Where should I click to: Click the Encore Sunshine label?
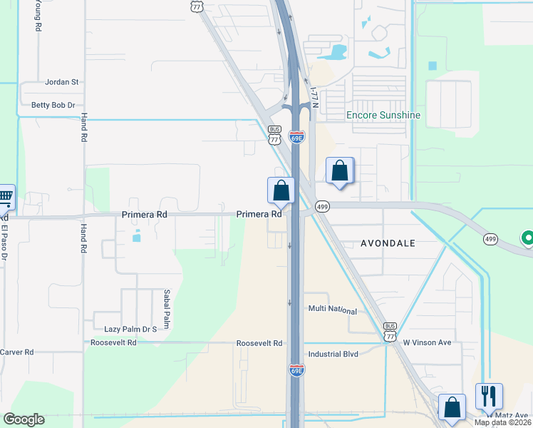383,115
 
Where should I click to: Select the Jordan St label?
61,82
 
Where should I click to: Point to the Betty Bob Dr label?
53,105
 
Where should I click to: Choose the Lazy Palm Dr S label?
130,329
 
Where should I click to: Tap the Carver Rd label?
16,352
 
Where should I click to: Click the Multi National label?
332,310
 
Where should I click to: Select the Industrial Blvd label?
333,354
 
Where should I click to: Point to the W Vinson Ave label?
428,342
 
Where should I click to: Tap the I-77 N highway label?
313,96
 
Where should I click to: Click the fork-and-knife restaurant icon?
489,396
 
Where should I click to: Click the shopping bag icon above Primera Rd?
281,190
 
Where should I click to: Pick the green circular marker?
528,238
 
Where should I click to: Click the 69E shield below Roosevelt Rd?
297,370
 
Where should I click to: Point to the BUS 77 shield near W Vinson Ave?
390,336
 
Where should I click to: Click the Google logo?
24,419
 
